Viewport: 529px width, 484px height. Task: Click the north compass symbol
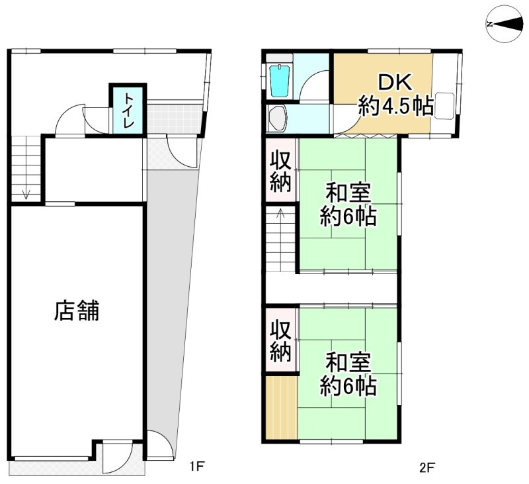505,24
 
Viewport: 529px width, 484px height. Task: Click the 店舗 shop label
77,311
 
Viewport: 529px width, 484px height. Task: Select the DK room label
395,82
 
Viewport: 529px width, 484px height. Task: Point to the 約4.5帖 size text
395,106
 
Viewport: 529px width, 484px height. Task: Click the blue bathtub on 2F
280,81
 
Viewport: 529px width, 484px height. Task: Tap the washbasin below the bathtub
277,119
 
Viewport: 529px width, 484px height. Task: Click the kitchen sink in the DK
444,105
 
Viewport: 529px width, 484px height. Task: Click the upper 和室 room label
348,193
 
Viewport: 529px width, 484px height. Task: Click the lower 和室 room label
348,362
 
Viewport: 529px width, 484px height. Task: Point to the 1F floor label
196,466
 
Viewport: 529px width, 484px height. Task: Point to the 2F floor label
427,468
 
